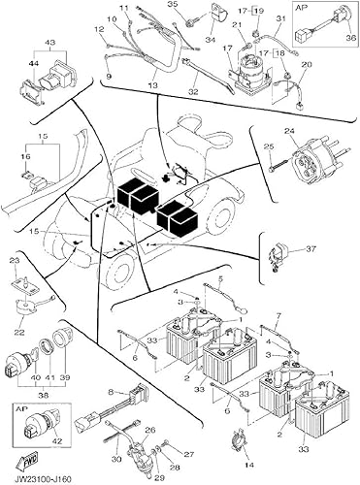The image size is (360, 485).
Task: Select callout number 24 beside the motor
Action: [288, 130]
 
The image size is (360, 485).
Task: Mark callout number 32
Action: [193, 92]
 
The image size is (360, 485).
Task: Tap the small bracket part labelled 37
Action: [279, 255]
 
